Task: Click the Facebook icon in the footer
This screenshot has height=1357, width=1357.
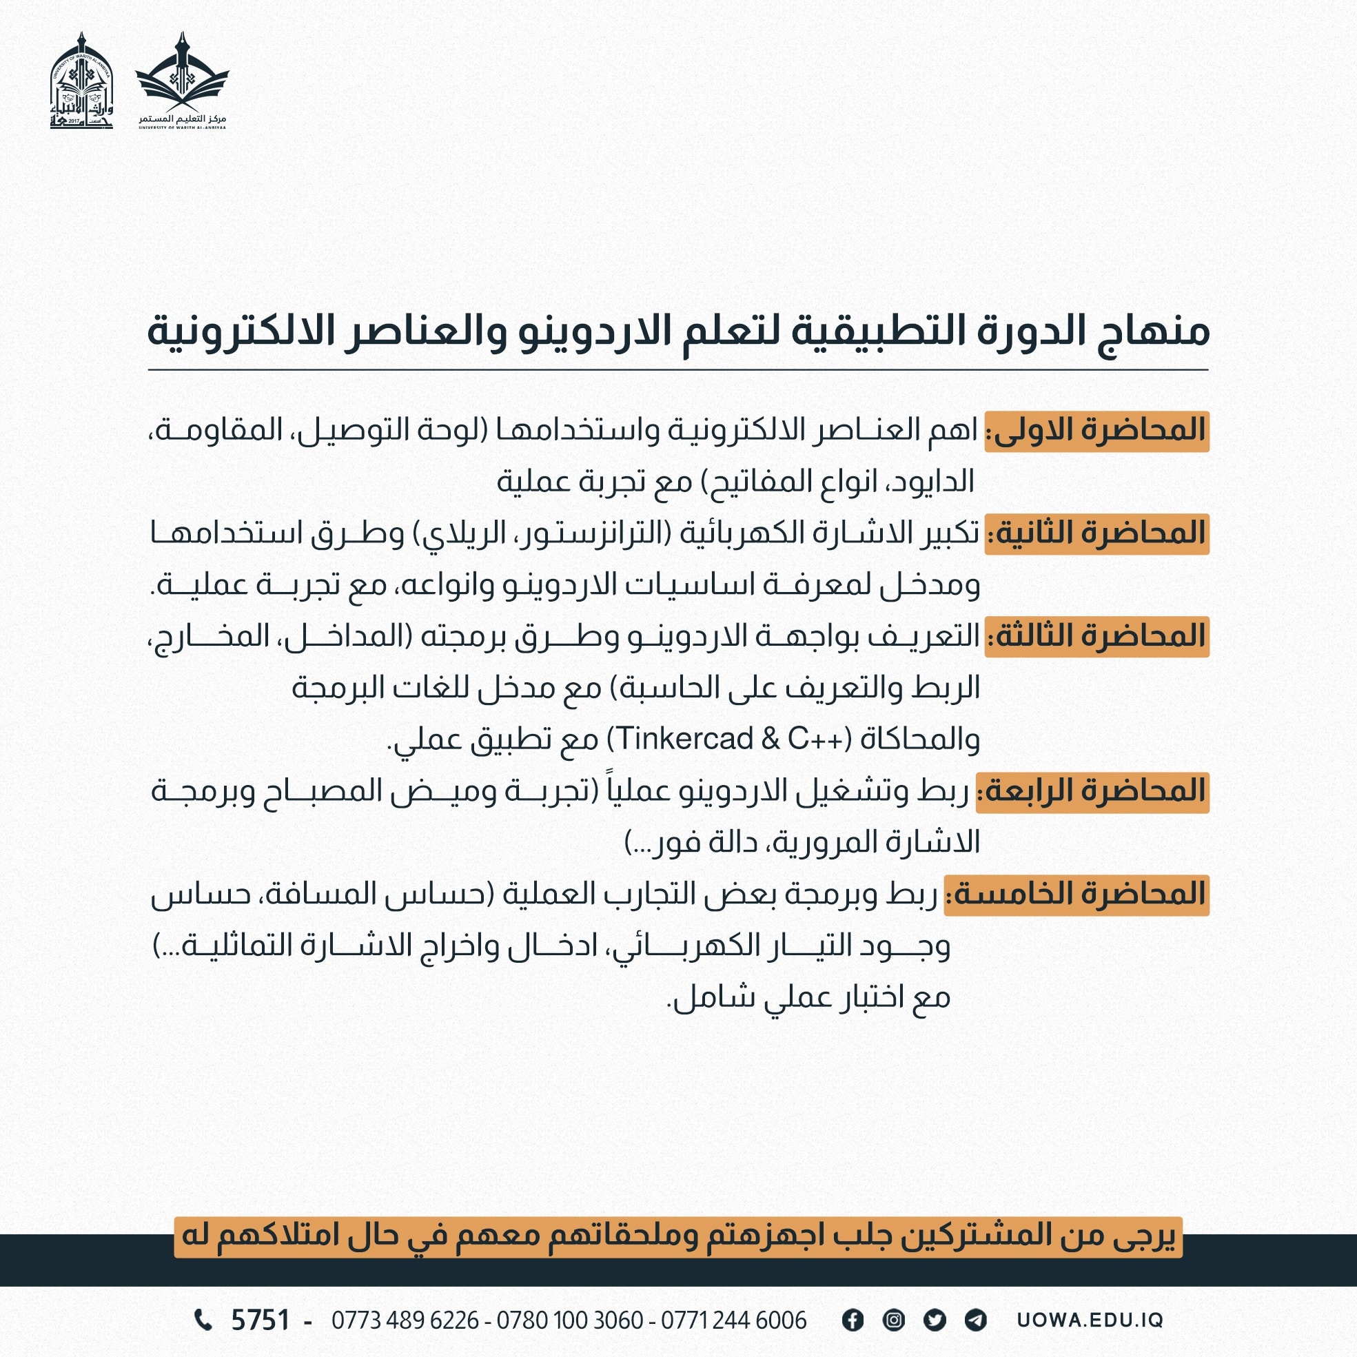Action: click(853, 1320)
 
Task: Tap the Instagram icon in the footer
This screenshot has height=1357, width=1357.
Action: click(893, 1320)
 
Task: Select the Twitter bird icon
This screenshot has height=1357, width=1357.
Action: click(934, 1320)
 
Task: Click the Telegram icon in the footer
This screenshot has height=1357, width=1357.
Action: click(976, 1320)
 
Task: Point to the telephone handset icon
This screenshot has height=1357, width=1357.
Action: click(203, 1320)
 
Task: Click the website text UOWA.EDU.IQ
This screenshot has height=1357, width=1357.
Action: click(1090, 1320)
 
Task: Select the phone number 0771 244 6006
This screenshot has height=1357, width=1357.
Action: click(733, 1321)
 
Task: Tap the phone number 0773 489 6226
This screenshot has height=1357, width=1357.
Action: click(405, 1321)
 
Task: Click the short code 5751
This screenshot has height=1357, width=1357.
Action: click(261, 1321)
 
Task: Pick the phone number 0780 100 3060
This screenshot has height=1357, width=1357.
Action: click(570, 1321)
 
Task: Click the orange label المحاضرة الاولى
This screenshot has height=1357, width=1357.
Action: click(1096, 431)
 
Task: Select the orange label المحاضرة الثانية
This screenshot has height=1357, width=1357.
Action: click(1096, 534)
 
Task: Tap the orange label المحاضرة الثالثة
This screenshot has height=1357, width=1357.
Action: click(1096, 637)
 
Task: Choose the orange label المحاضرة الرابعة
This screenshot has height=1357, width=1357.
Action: click(1092, 793)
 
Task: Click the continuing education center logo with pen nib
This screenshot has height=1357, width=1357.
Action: click(183, 81)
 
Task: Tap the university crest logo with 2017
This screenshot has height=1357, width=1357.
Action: click(81, 81)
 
